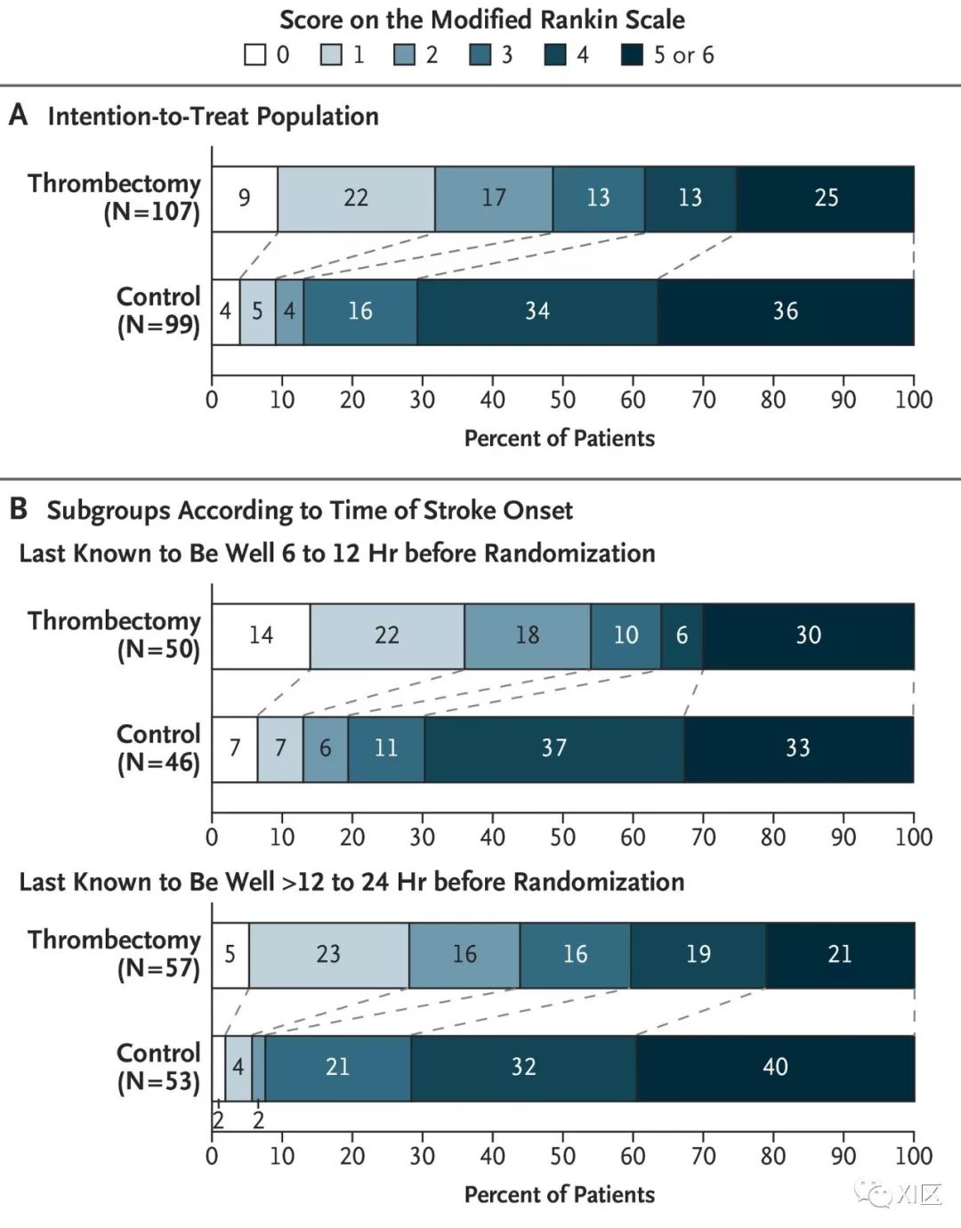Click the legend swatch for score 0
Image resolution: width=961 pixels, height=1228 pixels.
click(254, 55)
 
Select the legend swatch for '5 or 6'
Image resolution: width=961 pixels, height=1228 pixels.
click(632, 55)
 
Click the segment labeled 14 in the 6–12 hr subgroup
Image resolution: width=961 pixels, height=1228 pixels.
click(261, 636)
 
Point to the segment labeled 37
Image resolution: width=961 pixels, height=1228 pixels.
click(554, 749)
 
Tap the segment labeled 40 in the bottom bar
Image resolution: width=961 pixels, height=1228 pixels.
click(775, 1068)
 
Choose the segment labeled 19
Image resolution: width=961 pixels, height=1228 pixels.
click(699, 955)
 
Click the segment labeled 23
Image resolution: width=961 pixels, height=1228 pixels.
click(329, 955)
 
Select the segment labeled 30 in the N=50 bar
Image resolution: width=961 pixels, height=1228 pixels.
click(809, 636)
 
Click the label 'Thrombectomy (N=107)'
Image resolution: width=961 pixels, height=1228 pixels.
click(115, 198)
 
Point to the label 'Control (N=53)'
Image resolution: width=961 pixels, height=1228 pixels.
click(158, 1067)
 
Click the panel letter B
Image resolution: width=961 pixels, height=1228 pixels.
click(18, 509)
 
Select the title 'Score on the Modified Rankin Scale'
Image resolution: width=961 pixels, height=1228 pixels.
click(482, 20)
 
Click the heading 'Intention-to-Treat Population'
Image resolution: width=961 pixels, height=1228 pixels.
click(213, 117)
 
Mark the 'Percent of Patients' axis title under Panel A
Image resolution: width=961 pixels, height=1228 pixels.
click(560, 439)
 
